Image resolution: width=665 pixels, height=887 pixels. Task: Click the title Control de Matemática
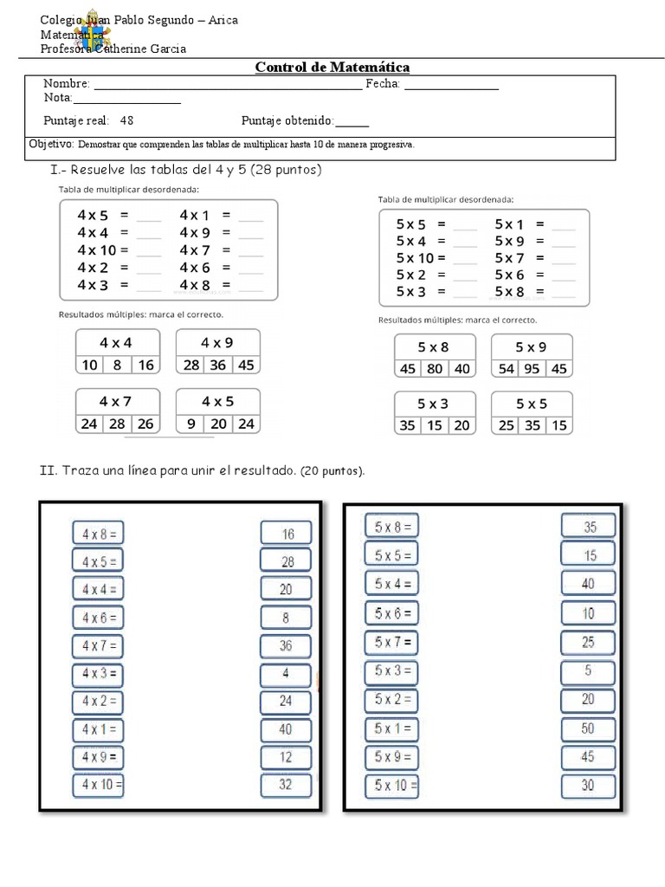(x=332, y=67)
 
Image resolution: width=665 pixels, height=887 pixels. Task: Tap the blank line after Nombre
(x=227, y=87)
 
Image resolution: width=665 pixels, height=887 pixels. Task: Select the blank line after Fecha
(x=451, y=87)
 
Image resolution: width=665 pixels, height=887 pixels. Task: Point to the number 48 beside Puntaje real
(x=127, y=121)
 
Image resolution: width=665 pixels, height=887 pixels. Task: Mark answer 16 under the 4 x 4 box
(x=146, y=366)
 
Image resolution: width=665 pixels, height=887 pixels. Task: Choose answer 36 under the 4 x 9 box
(x=217, y=366)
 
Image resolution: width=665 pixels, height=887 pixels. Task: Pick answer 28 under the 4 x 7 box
(x=118, y=424)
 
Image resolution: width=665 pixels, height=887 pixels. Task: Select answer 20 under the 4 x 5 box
(x=217, y=424)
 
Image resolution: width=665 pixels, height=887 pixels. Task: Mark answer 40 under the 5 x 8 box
(x=462, y=369)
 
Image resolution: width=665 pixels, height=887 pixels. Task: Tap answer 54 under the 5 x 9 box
(x=506, y=369)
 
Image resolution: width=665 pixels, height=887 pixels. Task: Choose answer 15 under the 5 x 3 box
(x=435, y=425)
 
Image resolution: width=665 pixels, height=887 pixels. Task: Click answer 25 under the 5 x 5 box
(x=506, y=425)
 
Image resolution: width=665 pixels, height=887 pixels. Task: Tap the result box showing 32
(x=286, y=785)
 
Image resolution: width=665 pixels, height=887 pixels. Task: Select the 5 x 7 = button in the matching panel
(x=392, y=642)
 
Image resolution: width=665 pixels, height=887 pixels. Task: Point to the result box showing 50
(x=588, y=729)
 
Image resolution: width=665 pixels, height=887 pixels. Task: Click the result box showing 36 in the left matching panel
(x=286, y=645)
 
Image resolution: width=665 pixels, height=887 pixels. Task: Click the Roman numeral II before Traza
(x=48, y=471)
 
